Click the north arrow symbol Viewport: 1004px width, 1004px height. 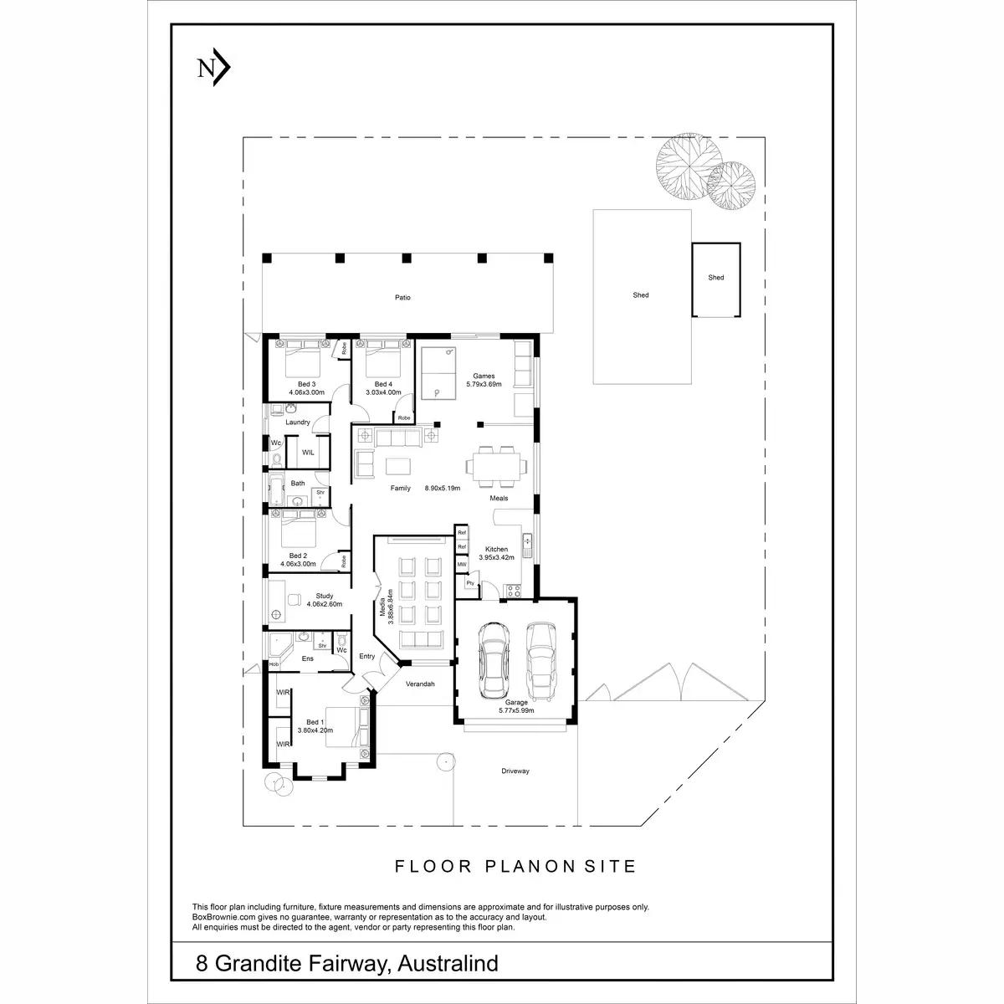click(x=213, y=69)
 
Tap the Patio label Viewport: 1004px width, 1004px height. click(x=403, y=297)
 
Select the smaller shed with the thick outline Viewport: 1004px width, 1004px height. click(x=716, y=279)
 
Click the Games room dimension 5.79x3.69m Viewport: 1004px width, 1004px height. click(x=484, y=384)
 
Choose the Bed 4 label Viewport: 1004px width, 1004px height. click(x=384, y=383)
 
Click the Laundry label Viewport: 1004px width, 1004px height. click(x=298, y=423)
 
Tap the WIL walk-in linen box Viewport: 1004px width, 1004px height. click(x=308, y=452)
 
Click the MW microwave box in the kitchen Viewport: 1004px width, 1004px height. click(x=461, y=565)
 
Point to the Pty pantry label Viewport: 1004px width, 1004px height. click(x=470, y=582)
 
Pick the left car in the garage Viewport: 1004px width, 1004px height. click(x=493, y=660)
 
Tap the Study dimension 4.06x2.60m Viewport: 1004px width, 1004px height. click(x=325, y=604)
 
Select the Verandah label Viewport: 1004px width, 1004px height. click(x=420, y=684)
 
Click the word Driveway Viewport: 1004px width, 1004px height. click(x=515, y=771)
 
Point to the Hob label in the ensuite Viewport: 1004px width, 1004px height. click(x=274, y=664)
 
